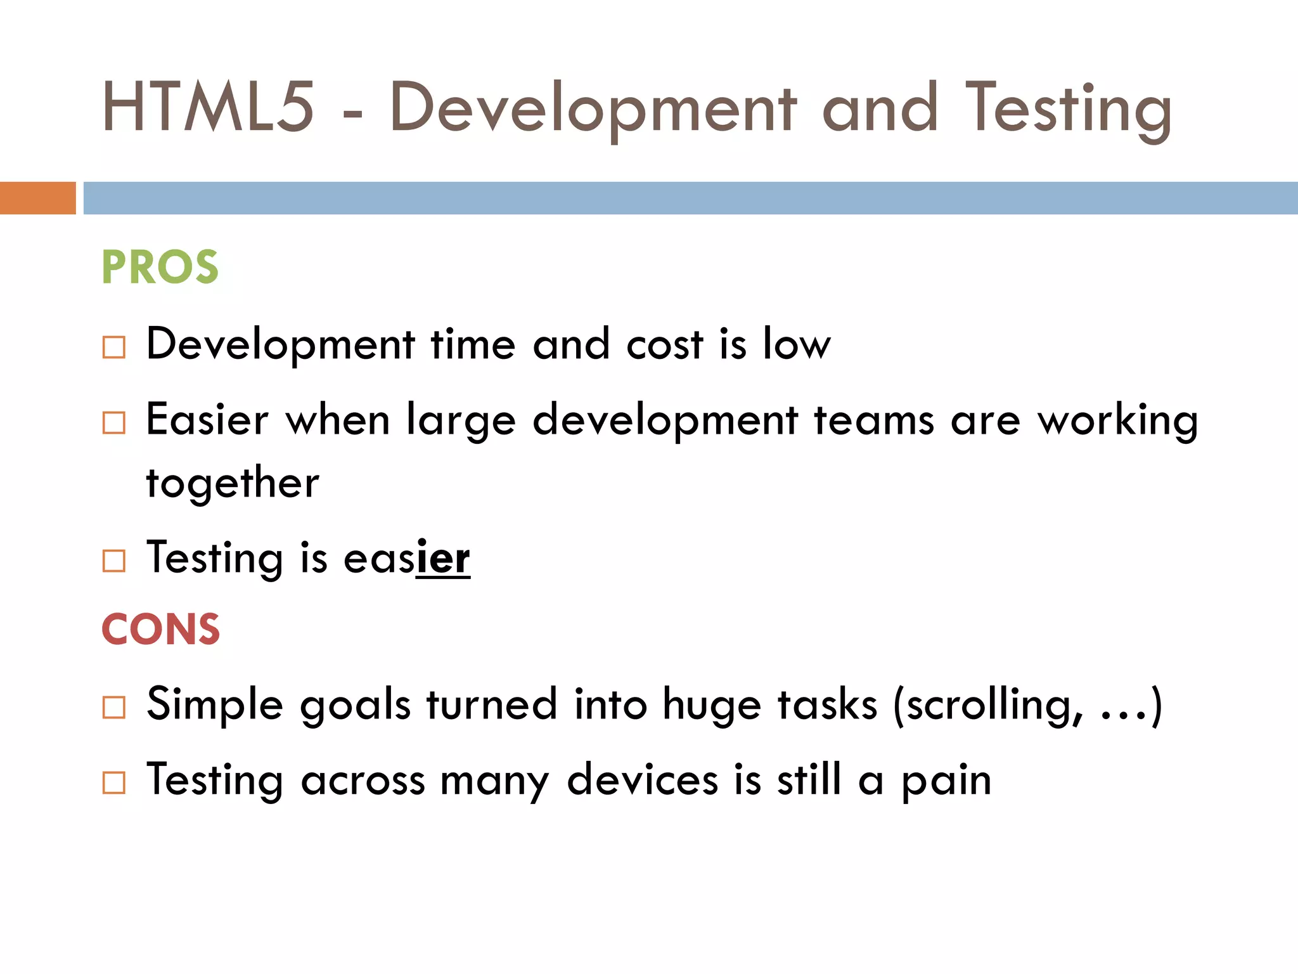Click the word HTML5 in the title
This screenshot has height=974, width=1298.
(208, 108)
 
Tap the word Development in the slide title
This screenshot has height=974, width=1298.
(593, 109)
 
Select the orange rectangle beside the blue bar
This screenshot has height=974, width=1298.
(37, 198)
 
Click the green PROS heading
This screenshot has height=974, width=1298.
(160, 267)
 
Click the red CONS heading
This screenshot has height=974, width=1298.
(160, 630)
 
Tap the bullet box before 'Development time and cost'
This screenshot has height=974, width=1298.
(114, 347)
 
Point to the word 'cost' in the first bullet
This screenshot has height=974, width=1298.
(664, 346)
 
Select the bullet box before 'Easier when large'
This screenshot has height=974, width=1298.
(114, 423)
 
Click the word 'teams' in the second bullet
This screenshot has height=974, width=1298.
(873, 421)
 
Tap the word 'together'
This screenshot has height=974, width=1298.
(233, 484)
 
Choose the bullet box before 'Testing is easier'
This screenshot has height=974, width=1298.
(114, 561)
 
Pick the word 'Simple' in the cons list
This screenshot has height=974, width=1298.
(214, 705)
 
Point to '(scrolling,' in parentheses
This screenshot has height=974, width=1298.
(987, 705)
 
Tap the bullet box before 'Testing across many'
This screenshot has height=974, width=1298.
(114, 783)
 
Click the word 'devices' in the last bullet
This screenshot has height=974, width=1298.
(642, 780)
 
